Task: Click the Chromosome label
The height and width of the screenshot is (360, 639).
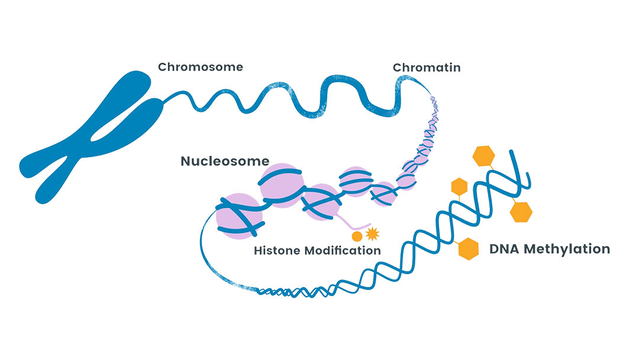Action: pos(200,67)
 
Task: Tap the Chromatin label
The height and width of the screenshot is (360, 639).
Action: pos(426,67)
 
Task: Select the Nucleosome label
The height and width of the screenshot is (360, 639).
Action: pos(225,161)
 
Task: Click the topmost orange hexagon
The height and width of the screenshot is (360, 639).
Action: pos(484,156)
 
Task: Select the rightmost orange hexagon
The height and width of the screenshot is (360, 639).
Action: pos(521,212)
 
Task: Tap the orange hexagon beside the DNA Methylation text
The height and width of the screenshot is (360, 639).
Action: pos(468,249)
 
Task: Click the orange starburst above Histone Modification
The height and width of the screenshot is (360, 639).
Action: pos(372,234)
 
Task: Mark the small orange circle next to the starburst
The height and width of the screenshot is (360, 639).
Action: pos(357,236)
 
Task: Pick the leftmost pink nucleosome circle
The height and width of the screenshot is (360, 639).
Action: pos(239,217)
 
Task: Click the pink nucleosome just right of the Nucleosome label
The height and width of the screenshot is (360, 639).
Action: pos(282,185)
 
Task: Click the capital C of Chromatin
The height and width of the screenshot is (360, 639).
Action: pos(398,67)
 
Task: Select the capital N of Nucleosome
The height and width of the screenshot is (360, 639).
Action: pos(186,161)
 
